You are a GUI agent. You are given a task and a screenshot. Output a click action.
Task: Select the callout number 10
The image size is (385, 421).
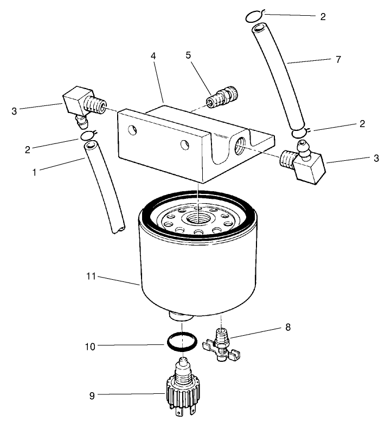point(90,345)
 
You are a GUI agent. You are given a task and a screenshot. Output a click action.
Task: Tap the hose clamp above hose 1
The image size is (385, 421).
point(88,135)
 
